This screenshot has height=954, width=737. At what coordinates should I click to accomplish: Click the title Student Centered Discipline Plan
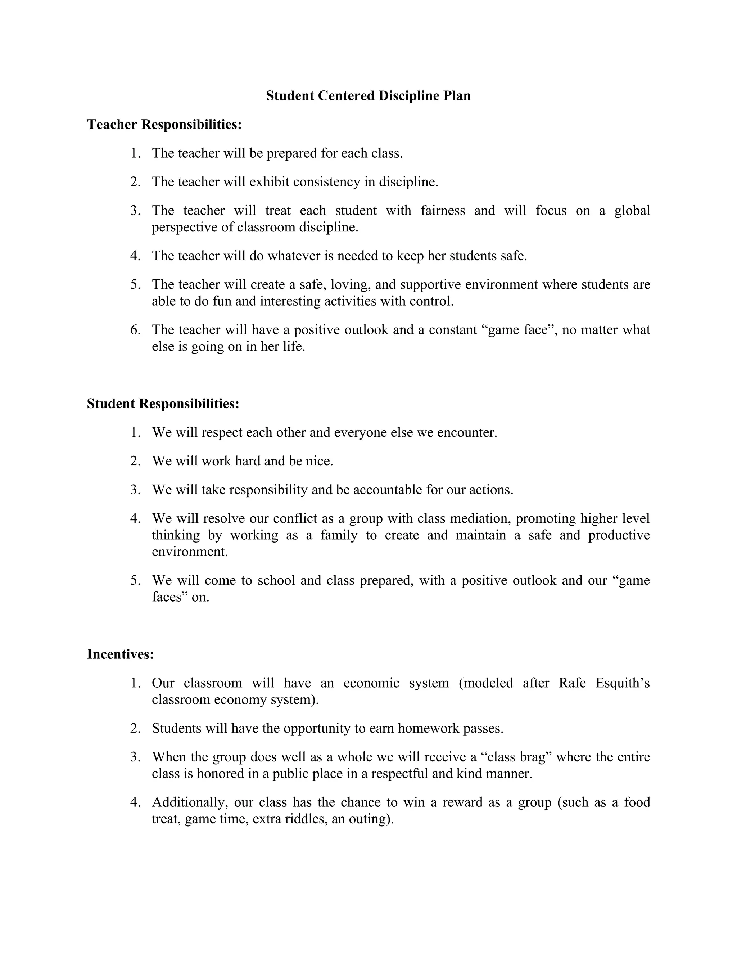point(368,96)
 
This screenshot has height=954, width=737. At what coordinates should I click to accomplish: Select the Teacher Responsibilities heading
point(164,125)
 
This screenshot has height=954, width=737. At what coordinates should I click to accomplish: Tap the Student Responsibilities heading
point(163,404)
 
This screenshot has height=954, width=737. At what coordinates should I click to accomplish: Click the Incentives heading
point(120,654)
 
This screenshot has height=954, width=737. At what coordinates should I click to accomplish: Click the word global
point(632,211)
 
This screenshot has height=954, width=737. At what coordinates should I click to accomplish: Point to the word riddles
point(306,818)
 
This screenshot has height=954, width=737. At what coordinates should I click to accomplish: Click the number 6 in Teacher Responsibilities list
point(135,330)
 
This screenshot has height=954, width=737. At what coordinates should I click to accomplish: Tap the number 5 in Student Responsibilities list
point(135,581)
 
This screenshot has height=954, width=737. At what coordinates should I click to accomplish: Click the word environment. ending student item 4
point(190,552)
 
